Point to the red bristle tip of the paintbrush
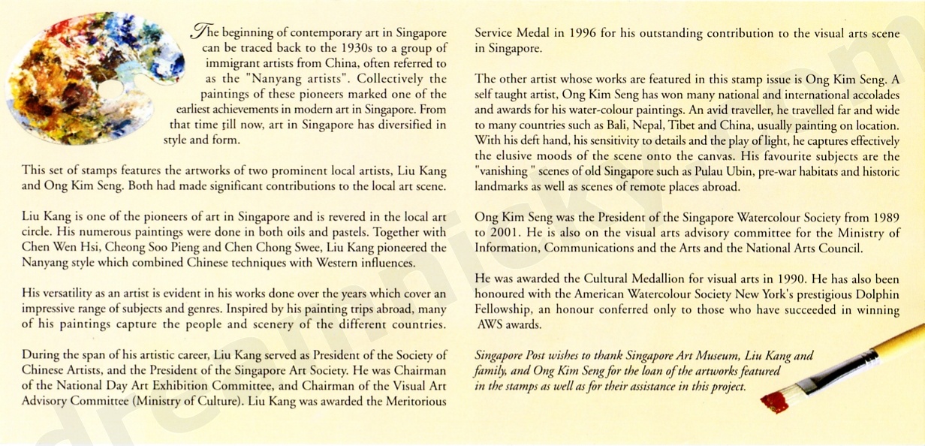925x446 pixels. click(773, 402)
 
